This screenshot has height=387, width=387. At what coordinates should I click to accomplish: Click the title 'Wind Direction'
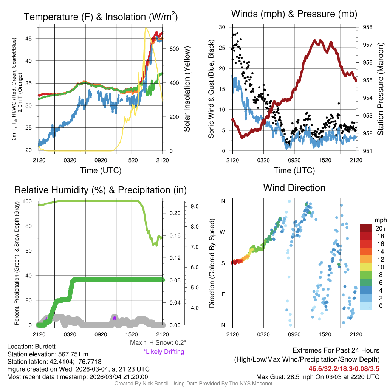click(x=294, y=188)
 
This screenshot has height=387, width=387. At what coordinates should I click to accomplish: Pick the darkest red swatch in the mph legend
click(x=366, y=228)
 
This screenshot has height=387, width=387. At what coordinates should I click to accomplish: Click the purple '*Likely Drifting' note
click(x=164, y=351)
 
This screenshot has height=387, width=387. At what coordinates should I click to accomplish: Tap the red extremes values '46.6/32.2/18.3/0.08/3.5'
click(x=344, y=368)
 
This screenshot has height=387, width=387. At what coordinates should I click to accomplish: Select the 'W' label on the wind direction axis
click(x=223, y=232)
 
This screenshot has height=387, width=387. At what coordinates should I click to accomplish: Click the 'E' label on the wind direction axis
click(x=223, y=294)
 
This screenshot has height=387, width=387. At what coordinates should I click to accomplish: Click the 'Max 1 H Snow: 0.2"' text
click(x=158, y=343)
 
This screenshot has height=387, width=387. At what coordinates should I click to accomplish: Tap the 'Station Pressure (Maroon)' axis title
click(x=381, y=89)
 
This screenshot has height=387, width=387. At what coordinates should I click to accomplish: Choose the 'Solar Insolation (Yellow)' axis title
click(x=187, y=89)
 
